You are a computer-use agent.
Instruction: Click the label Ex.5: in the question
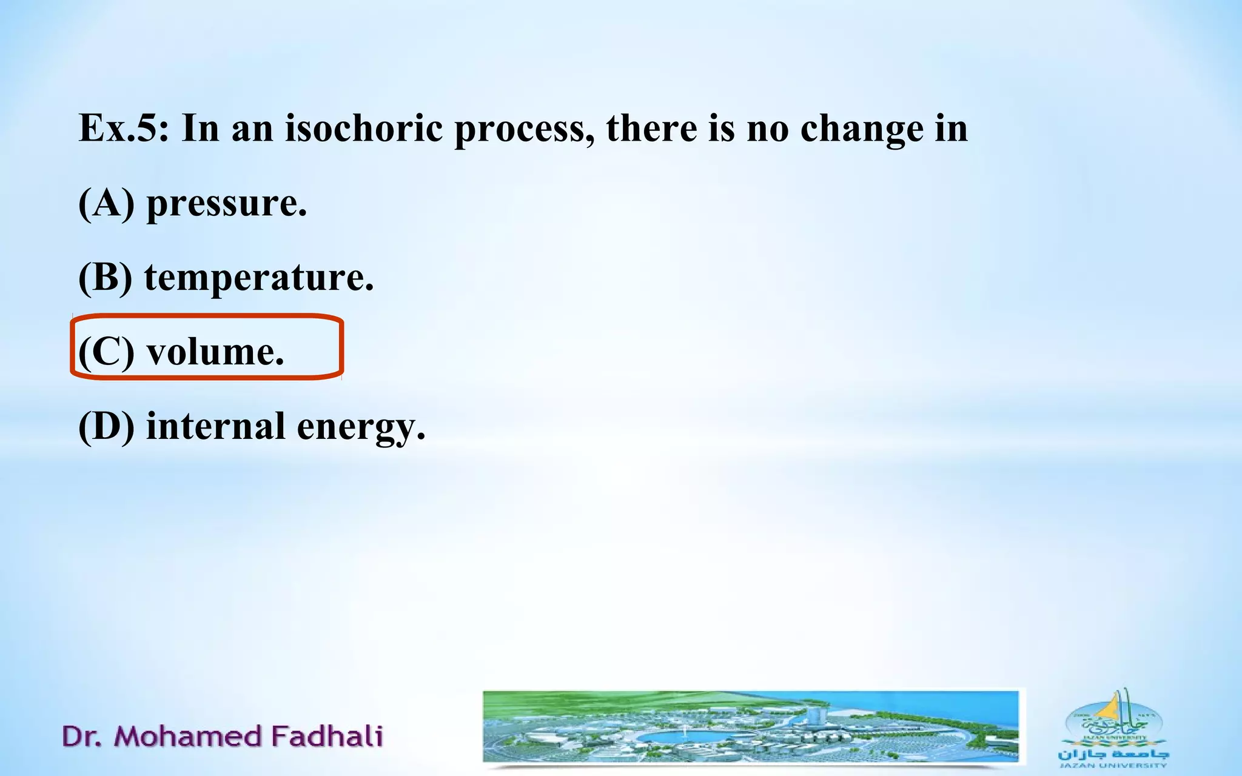124,129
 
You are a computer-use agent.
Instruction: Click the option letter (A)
106,203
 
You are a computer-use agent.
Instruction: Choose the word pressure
227,204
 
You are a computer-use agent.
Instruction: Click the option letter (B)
105,278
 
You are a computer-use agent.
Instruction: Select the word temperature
259,279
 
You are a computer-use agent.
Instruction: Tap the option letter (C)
106,352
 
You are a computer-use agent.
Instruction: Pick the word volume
215,352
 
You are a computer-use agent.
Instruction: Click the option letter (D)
106,427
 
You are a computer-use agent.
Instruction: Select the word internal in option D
215,426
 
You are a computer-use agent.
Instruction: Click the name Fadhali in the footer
327,736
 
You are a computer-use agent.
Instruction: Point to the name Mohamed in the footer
188,736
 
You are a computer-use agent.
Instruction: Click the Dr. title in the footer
81,736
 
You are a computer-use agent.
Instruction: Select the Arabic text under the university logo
1113,754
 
